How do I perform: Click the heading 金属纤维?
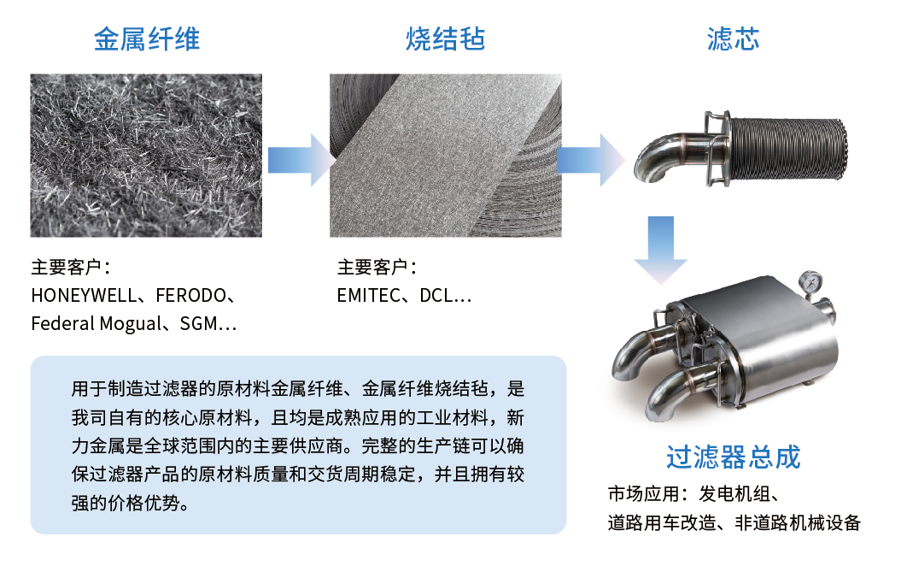pyautogui.click(x=147, y=39)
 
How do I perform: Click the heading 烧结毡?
pyautogui.click(x=445, y=39)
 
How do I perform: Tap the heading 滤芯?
pyautogui.click(x=734, y=39)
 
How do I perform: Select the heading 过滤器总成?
pyautogui.click(x=733, y=457)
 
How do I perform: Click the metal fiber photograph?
pyautogui.click(x=146, y=155)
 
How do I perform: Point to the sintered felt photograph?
pyautogui.click(x=446, y=155)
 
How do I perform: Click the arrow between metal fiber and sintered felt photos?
pyautogui.click(x=296, y=159)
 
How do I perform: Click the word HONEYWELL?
pyautogui.click(x=83, y=297)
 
